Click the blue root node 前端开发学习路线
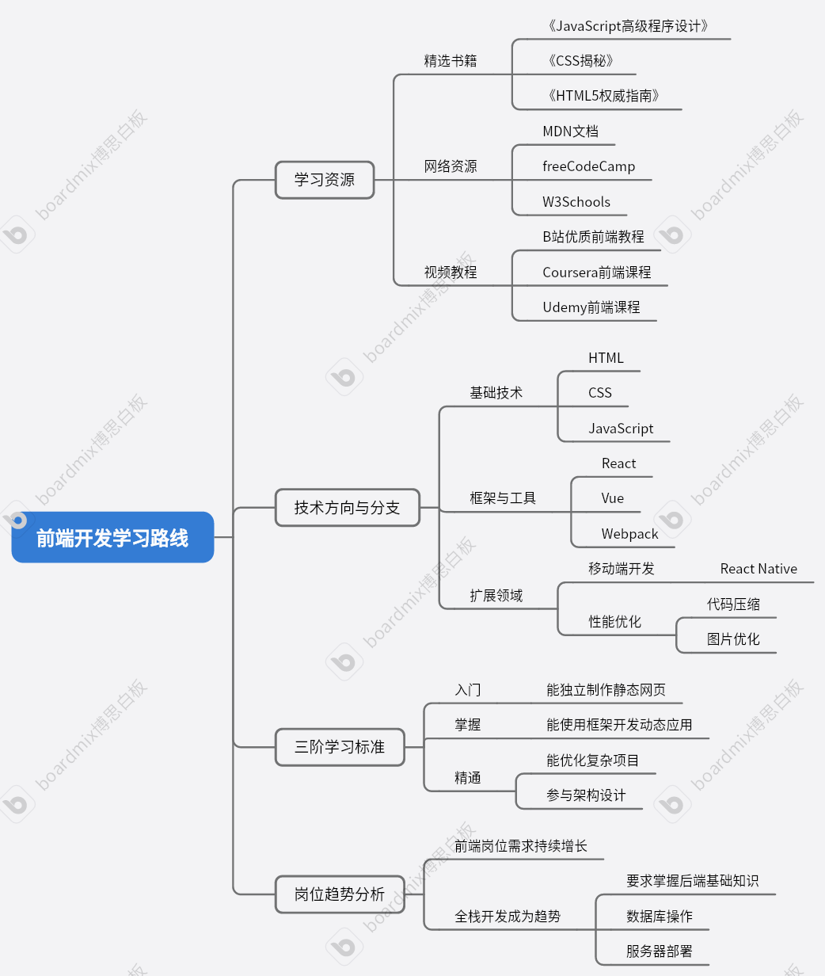(112, 538)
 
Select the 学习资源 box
(324, 180)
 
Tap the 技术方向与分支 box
(347, 508)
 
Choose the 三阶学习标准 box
(339, 747)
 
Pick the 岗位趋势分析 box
(339, 894)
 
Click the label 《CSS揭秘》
(580, 61)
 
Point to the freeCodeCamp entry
(588, 166)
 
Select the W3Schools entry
(576, 202)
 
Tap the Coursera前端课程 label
(596, 273)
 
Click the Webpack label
(629, 534)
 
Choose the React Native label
(758, 569)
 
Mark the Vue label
(612, 498)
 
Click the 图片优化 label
(732, 639)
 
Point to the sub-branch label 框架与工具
(502, 498)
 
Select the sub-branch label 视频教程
(450, 273)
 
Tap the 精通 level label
(467, 778)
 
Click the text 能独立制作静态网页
(606, 690)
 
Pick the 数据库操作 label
(659, 917)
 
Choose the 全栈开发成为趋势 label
(507, 917)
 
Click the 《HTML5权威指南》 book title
(603, 96)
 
